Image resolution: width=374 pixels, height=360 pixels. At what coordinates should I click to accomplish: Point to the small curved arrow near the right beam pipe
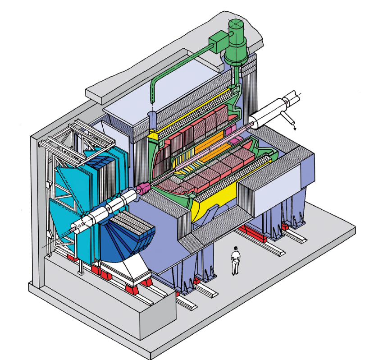(293, 124)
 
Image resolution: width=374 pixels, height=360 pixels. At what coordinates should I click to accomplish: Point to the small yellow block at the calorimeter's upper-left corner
(153, 134)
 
